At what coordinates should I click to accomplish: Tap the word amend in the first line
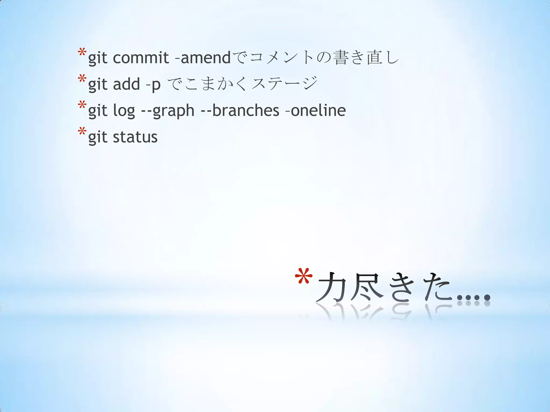[x=205, y=57]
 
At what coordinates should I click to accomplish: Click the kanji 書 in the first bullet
[x=341, y=57]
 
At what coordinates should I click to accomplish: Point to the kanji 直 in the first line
[x=375, y=57]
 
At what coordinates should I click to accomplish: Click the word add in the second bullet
[x=126, y=84]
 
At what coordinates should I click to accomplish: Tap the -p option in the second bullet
[x=153, y=84]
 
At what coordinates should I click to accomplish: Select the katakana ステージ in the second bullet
[x=285, y=84]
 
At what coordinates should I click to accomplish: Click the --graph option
[x=168, y=111]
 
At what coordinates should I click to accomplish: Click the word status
[x=135, y=137]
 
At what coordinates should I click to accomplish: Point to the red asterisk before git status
[x=82, y=132]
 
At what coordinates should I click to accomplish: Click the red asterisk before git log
[x=82, y=105]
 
